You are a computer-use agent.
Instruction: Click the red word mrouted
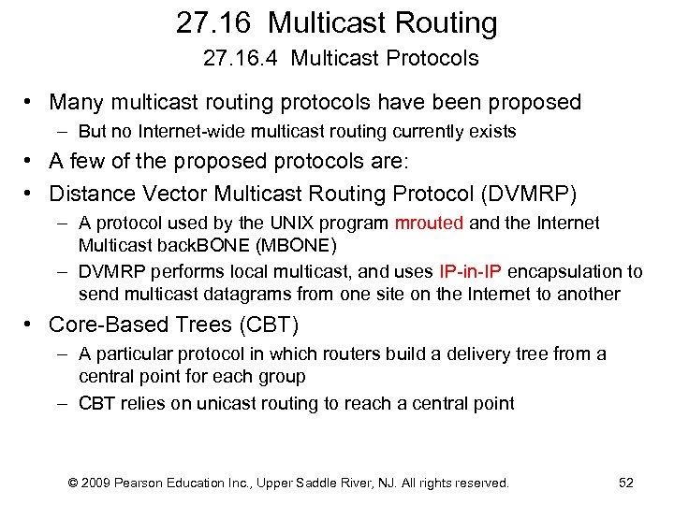click(x=429, y=224)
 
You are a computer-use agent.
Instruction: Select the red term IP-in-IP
click(x=470, y=272)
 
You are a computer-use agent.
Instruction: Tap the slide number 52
click(x=626, y=483)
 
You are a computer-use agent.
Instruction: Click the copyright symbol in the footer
click(x=73, y=483)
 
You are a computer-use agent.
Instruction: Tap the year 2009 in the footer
click(x=97, y=483)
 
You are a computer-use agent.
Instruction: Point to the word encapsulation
click(x=566, y=272)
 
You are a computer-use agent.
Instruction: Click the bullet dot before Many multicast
click(x=31, y=102)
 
